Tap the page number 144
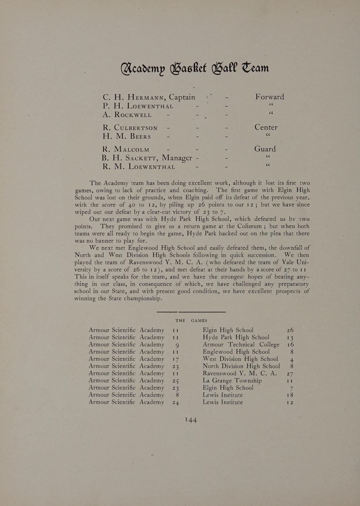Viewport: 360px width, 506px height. pos(191,420)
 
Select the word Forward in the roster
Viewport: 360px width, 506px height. pos(270,97)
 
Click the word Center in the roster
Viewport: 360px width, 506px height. pos(266,128)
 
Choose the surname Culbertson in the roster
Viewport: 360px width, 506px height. pos(136,128)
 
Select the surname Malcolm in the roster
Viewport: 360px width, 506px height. pos(132,149)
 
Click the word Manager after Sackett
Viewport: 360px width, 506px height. pos(177,158)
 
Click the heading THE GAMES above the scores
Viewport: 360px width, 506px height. pos(191,320)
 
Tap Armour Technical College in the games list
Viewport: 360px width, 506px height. pos(241,344)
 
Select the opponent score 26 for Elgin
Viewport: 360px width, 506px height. pos(290,330)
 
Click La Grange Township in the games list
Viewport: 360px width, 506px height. pos(232,381)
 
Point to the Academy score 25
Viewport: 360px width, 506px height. pos(175,381)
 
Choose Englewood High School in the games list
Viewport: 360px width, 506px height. pos(236,352)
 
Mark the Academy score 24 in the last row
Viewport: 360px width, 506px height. pos(175,402)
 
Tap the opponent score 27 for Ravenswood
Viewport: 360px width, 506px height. pos(290,374)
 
